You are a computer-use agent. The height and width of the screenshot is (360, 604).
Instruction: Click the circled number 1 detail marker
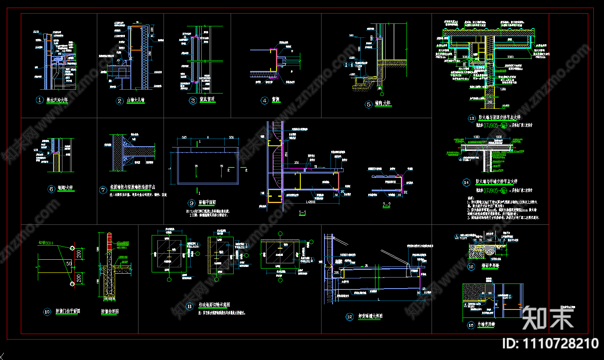click(40, 100)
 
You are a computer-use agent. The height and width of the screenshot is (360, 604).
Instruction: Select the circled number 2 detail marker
click(120, 101)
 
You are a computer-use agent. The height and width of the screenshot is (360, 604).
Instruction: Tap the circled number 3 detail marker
click(193, 100)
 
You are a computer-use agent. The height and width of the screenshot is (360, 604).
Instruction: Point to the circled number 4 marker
click(265, 100)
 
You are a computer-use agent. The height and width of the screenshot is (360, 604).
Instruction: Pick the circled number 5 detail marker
click(368, 104)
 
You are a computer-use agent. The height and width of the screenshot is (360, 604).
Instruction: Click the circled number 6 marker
click(51, 189)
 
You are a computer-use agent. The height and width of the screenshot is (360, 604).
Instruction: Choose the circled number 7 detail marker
click(103, 190)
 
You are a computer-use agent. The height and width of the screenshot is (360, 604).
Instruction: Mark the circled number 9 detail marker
click(192, 203)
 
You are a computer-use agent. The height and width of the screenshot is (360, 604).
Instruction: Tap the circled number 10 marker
click(47, 312)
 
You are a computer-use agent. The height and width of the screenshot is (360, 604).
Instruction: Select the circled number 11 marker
click(189, 306)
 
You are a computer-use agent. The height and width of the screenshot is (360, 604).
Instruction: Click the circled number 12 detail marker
click(350, 317)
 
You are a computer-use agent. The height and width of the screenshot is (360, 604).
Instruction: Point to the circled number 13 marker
click(471, 118)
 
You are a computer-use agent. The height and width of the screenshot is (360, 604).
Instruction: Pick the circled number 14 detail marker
click(466, 182)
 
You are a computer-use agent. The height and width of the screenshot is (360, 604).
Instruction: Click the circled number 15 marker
click(471, 267)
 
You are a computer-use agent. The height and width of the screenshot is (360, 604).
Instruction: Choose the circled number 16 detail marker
click(471, 325)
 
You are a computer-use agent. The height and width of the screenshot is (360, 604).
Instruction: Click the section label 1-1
click(302, 213)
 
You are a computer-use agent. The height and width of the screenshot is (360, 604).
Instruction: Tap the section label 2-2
click(387, 205)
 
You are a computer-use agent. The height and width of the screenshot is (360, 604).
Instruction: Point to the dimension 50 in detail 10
click(69, 264)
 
